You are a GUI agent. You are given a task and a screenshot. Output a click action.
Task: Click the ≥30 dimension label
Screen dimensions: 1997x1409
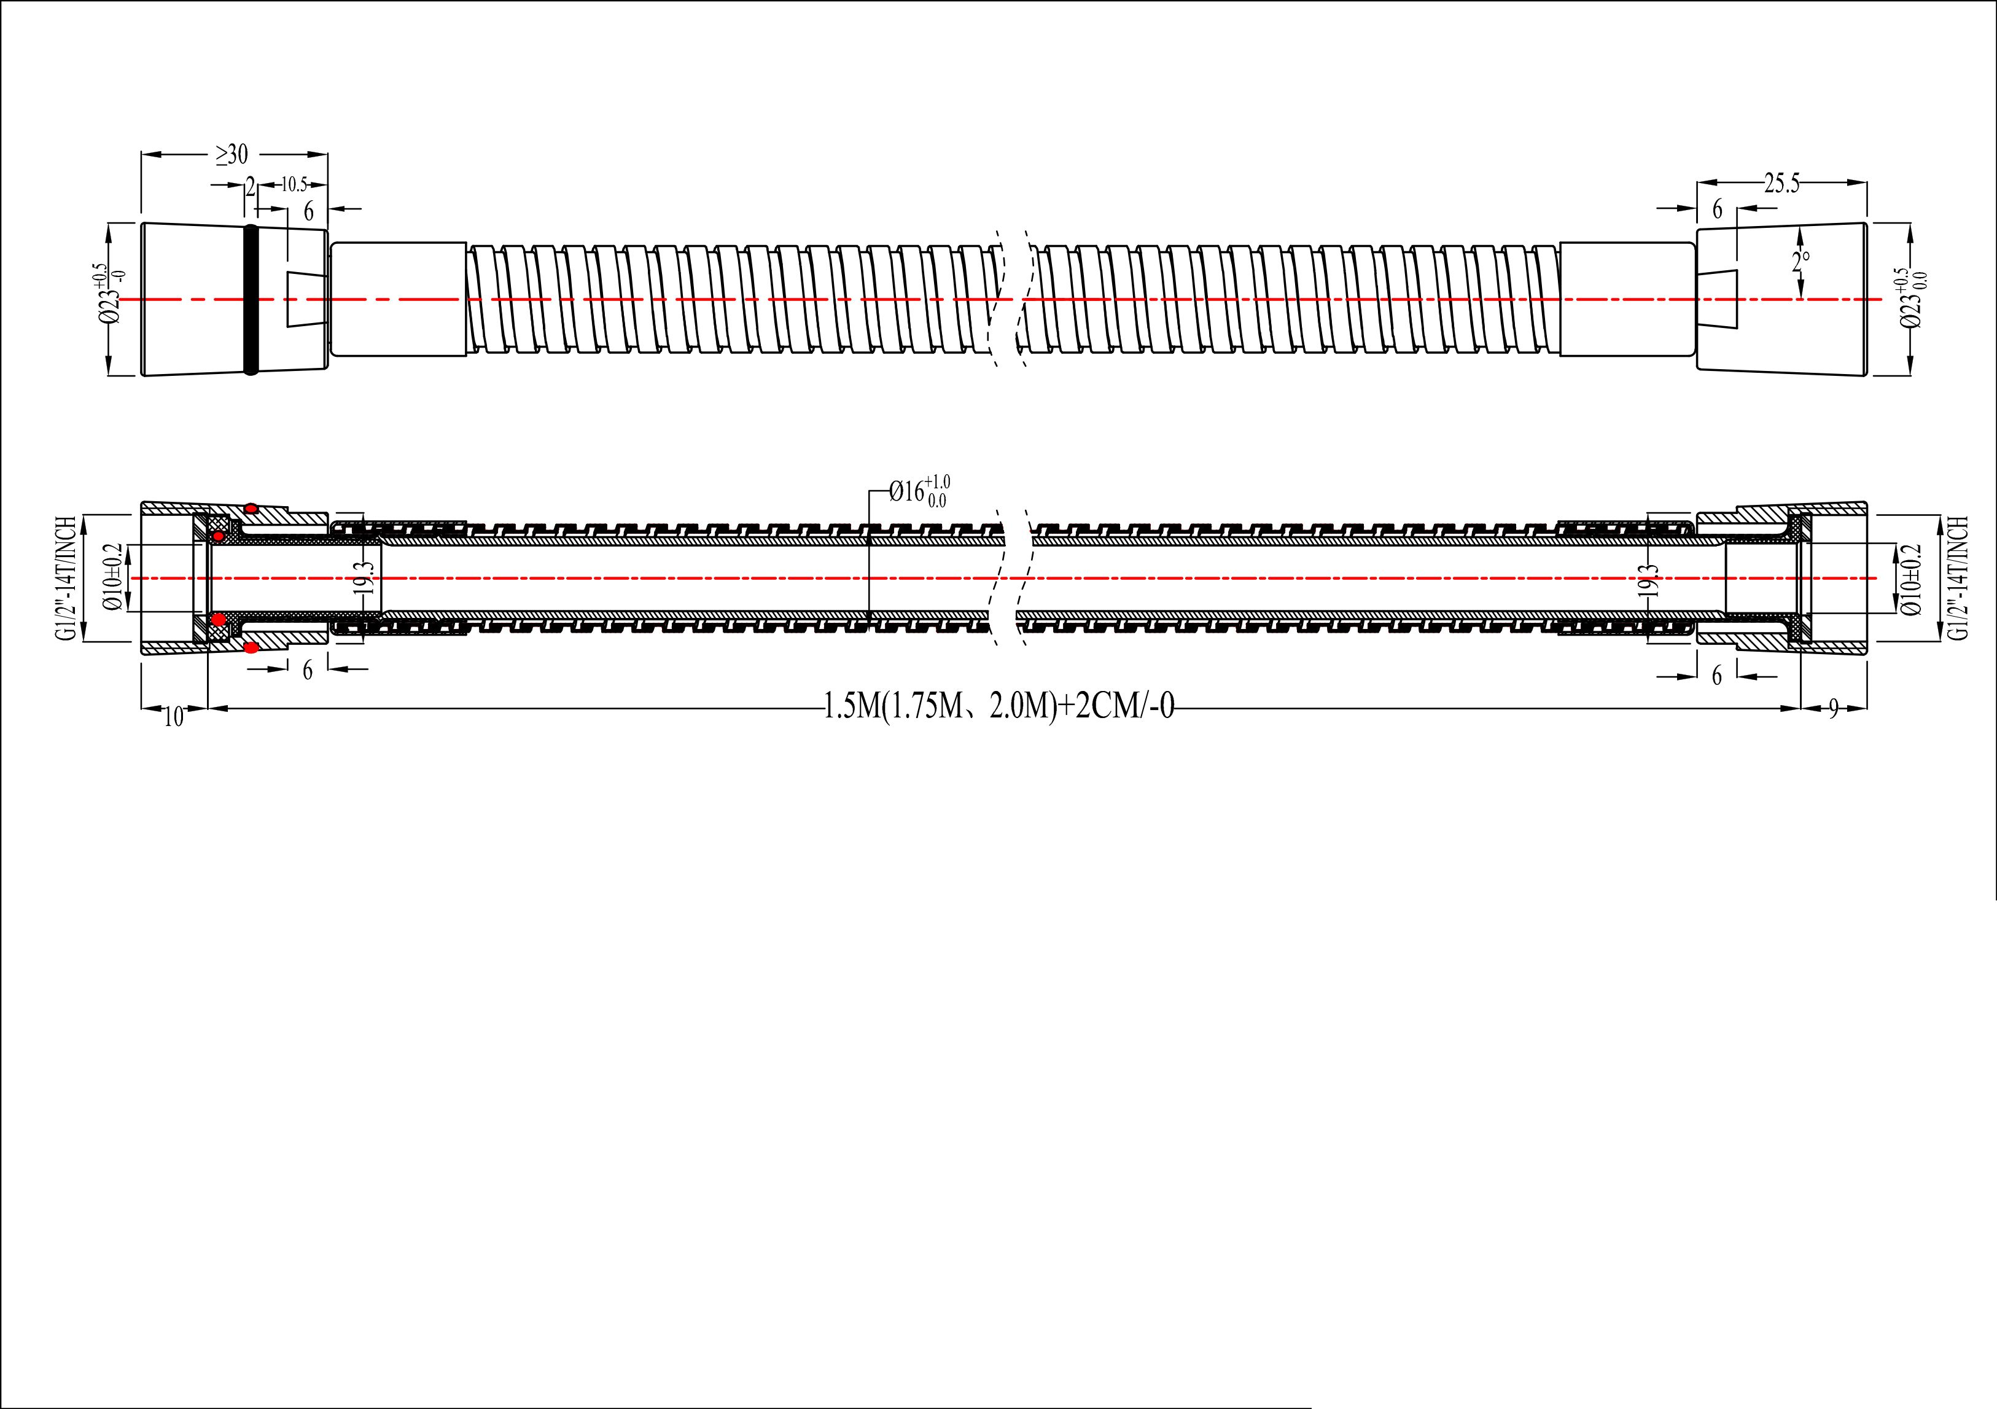pyautogui.click(x=232, y=155)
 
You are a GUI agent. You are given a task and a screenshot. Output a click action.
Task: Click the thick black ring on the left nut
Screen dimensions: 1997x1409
pyautogui.click(x=251, y=299)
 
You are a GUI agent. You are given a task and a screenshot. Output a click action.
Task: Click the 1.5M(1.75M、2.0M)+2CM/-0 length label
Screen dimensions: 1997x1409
pyautogui.click(x=999, y=707)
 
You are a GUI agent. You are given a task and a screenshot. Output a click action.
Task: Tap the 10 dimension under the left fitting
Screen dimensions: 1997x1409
pyautogui.click(x=174, y=717)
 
